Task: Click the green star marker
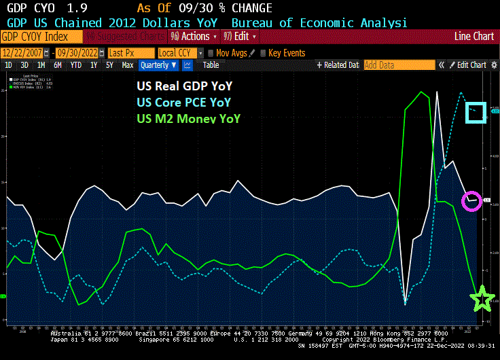pyautogui.click(x=482, y=298)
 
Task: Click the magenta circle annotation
pyautogui.click(x=471, y=201)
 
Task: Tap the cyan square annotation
pyautogui.click(x=475, y=112)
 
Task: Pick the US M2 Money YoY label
pyautogui.click(x=188, y=118)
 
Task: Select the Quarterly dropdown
pyautogui.click(x=158, y=65)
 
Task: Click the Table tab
pyautogui.click(x=211, y=65)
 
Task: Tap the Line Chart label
pyautogui.click(x=474, y=36)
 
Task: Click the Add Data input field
pyautogui.click(x=398, y=65)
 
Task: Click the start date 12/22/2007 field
pyautogui.click(x=24, y=52)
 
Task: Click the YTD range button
pyautogui.click(x=75, y=65)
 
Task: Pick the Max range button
pyautogui.click(x=127, y=65)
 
